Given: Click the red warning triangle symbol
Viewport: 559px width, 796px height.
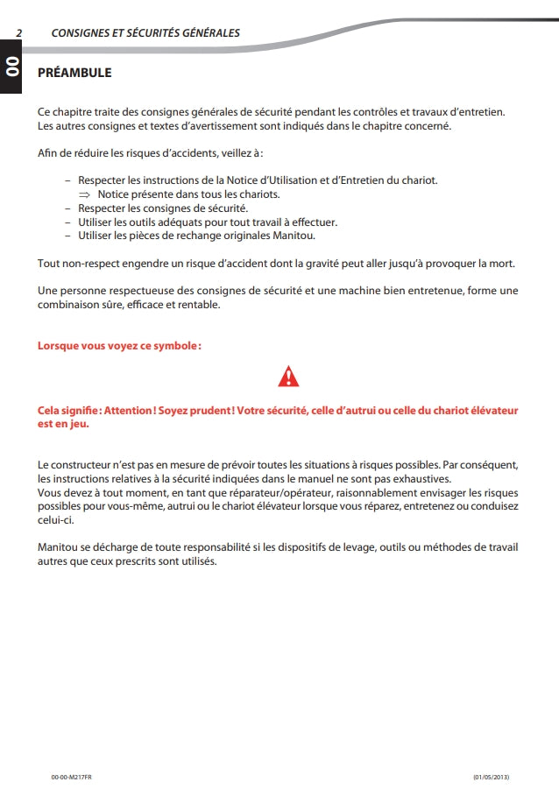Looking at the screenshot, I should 288,377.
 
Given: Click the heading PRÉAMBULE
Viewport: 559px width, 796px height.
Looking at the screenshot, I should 74,73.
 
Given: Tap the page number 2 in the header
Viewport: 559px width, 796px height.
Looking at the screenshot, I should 18,33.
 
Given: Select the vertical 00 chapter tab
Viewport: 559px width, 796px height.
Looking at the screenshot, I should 12,67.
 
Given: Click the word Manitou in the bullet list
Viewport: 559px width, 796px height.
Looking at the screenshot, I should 294,236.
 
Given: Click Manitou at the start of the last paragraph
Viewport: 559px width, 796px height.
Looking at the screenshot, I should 57,547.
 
